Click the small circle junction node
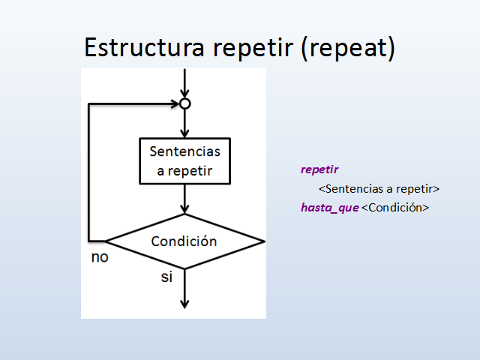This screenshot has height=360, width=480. (184, 103)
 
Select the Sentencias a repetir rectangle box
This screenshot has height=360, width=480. (184, 160)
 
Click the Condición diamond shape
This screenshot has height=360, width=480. (184, 241)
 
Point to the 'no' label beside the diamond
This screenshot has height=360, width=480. (99, 257)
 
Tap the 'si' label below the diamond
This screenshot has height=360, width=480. (166, 277)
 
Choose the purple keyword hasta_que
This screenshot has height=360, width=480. (329, 207)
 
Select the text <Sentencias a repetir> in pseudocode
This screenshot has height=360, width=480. (378, 188)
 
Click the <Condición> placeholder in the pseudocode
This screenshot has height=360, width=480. (395, 207)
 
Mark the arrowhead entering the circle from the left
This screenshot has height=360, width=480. (174, 103)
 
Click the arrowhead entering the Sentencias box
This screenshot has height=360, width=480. (184, 133)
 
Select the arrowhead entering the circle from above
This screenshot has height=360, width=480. (184, 94)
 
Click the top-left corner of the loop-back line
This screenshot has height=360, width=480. (89, 103)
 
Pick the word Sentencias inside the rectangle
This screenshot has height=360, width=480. (184, 151)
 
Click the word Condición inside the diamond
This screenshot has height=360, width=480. (184, 241)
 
